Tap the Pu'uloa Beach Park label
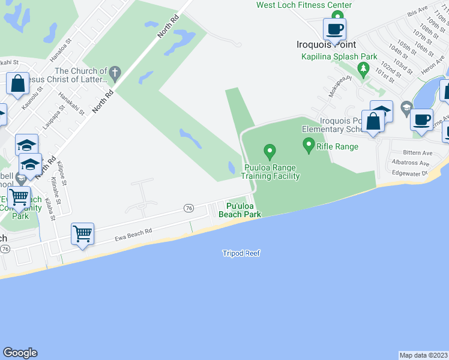240,210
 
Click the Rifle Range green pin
309,144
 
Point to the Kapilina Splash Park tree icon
363,70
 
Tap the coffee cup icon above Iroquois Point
334,28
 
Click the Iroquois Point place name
327,44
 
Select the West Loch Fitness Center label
304,5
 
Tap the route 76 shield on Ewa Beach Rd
189,208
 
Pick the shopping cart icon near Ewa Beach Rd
82,233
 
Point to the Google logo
20,353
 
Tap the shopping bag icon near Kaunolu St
17,83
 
